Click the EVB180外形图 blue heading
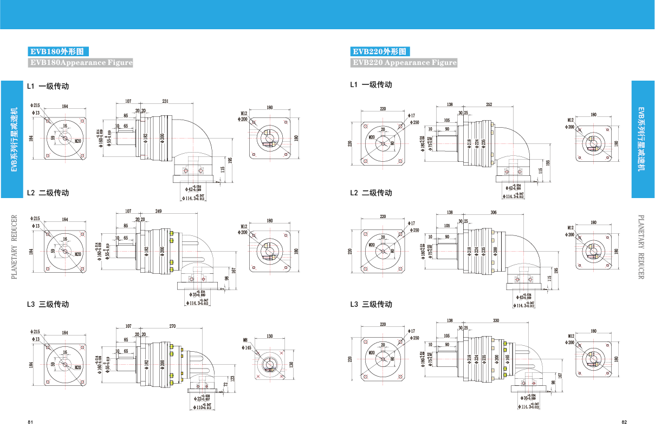[x=58, y=52]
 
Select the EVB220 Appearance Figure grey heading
[x=404, y=63]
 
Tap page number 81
[x=30, y=422]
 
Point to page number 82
[x=624, y=422]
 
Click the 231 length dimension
[x=165, y=101]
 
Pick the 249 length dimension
[x=159, y=211]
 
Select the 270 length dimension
[x=173, y=326]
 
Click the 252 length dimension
[x=489, y=104]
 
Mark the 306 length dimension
[x=493, y=213]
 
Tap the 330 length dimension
[x=496, y=321]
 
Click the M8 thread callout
[x=244, y=340]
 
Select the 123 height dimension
[x=232, y=378]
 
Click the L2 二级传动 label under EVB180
[x=48, y=193]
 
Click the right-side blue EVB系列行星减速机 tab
[x=643, y=139]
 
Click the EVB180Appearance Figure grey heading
[x=81, y=63]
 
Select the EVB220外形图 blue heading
[x=380, y=52]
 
